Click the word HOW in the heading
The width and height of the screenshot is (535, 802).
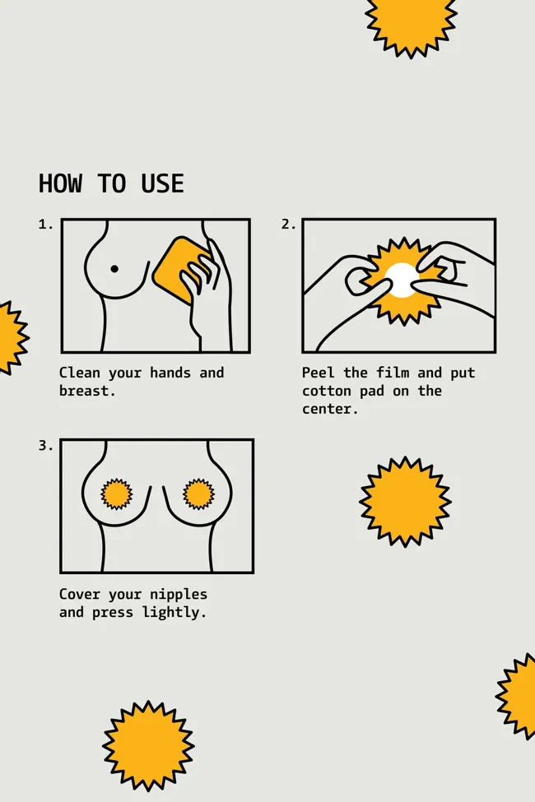tap(60, 183)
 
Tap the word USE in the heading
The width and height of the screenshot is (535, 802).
tap(162, 183)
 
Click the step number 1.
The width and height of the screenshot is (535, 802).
tap(45, 225)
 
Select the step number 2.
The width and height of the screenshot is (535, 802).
tap(288, 225)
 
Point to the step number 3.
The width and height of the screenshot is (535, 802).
tap(45, 446)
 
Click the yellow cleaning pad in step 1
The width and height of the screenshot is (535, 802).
tap(180, 270)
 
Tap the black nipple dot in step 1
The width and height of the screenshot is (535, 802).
tap(114, 269)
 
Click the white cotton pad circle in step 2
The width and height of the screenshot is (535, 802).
tap(402, 280)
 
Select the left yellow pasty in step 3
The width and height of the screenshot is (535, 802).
tap(117, 494)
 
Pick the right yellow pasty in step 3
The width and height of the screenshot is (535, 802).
tap(198, 494)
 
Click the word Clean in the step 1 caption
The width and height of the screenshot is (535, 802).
tap(79, 373)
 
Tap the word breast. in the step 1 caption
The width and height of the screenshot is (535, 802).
tap(87, 391)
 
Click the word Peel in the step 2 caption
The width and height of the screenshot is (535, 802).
tap(318, 373)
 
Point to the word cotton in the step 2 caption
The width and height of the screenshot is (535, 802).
tap(327, 391)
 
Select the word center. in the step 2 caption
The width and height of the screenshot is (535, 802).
tap(330, 409)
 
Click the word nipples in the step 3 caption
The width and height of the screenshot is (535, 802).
tap(179, 595)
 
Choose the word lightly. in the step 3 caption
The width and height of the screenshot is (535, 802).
tap(174, 612)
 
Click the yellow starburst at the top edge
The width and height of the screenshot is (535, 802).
tap(411, 23)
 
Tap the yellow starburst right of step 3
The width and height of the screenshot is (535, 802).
tap(405, 502)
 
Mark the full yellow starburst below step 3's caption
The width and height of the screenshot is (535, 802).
tap(148, 746)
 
